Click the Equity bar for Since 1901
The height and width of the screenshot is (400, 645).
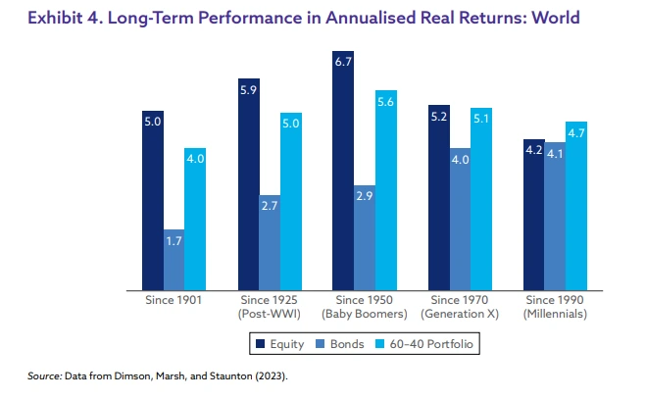[153, 201]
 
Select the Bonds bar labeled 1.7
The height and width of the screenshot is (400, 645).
[174, 260]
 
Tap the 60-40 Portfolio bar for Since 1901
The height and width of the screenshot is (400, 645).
[195, 220]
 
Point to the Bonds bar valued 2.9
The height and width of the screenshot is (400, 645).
[365, 238]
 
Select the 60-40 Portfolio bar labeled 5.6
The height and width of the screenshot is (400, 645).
[385, 190]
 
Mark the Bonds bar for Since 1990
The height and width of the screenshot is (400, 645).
[555, 217]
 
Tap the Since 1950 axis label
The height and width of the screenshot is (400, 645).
[365, 299]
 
